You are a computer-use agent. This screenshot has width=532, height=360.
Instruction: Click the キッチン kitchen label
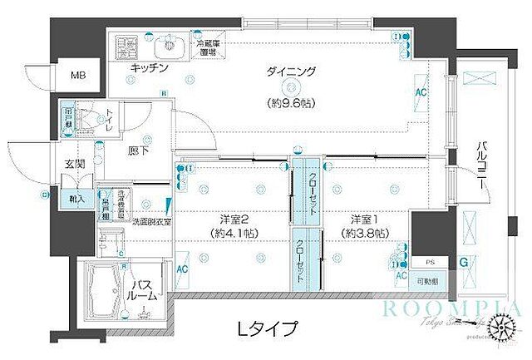150,67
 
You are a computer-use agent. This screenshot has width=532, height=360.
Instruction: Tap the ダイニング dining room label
291,72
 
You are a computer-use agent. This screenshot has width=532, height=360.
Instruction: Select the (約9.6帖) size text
291,105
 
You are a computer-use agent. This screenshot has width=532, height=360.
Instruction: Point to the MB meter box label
77,76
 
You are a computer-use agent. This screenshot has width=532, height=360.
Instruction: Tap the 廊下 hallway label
139,153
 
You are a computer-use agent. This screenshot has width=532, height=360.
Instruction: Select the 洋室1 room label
362,219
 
